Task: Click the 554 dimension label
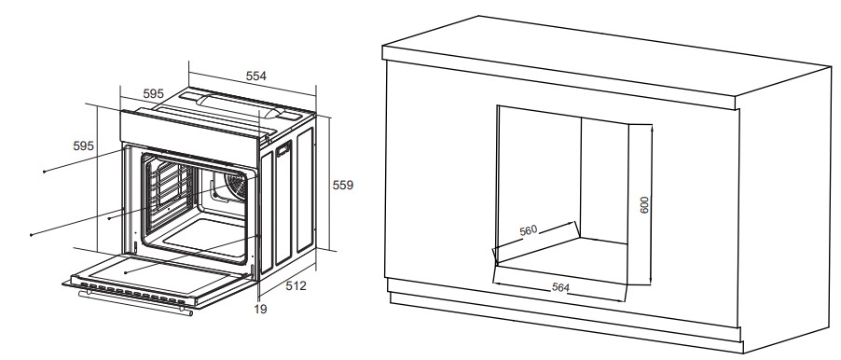255,76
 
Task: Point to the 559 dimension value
343,185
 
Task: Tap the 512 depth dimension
296,286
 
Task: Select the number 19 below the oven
260,309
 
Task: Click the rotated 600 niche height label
644,204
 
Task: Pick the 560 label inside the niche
529,230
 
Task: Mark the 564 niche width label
560,287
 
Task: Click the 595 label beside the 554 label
154,94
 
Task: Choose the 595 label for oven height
83,145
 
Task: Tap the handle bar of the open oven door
135,303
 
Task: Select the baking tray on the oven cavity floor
206,235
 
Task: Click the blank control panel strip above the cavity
190,134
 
